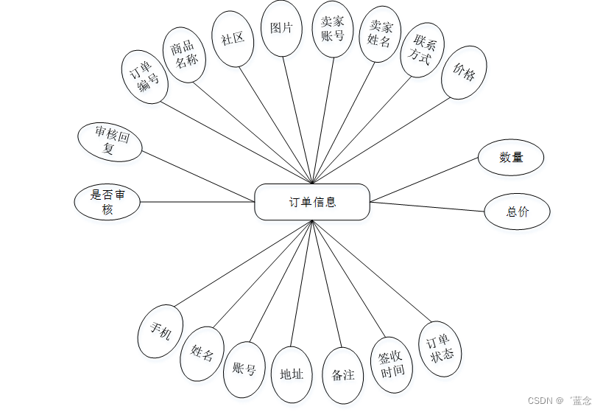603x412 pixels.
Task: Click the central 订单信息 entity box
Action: [x=312, y=202]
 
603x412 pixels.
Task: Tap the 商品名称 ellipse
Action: [x=183, y=55]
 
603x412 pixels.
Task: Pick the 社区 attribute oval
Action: [x=233, y=39]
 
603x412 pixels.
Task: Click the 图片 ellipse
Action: [x=281, y=29]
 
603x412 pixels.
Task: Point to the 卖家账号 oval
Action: [x=333, y=29]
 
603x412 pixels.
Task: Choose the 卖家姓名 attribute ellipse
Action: [x=380, y=34]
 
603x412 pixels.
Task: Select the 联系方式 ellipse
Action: [x=423, y=49]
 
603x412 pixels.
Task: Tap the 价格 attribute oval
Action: [x=464, y=72]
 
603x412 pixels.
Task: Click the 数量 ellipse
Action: [x=511, y=157]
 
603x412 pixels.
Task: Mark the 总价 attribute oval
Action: [x=517, y=212]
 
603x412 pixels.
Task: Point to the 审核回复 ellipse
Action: [x=110, y=141]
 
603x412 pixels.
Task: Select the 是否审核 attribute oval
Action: [x=107, y=202]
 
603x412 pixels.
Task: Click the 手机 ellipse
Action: [x=161, y=332]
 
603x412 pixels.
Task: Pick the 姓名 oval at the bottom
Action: [x=202, y=353]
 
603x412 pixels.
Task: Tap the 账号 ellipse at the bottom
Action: [x=244, y=369]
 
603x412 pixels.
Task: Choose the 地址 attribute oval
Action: [x=292, y=374]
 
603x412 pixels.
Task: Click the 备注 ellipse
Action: [x=343, y=375]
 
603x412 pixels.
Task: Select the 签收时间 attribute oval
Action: [x=391, y=364]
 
